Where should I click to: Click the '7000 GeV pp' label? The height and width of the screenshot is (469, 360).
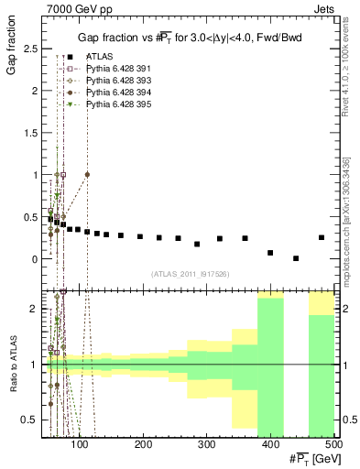tap(73, 8)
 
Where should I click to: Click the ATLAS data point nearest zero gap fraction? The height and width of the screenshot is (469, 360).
tap(295, 258)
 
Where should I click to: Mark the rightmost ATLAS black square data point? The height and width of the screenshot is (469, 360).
tap(321, 237)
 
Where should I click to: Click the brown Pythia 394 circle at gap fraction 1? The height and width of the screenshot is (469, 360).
tap(87, 174)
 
